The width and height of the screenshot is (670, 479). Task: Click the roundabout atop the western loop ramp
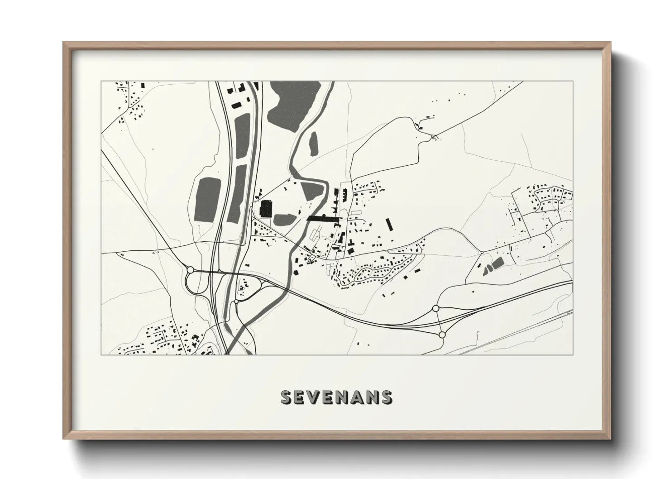tap(190, 270)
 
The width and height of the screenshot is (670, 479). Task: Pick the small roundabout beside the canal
tap(236, 301)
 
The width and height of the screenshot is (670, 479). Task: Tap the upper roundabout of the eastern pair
tap(435, 308)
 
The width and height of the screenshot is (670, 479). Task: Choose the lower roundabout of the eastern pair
tap(442, 335)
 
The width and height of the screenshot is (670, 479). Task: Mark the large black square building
tap(265, 209)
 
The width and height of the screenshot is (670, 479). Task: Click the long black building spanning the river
tap(323, 218)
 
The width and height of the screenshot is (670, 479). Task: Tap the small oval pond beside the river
tap(313, 143)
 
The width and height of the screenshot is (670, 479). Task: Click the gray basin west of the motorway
tap(206, 199)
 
